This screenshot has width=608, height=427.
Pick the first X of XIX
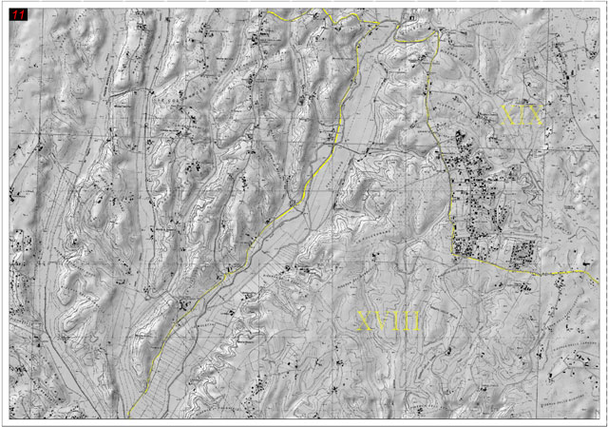click(509, 116)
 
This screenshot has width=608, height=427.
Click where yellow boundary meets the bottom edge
click(129, 417)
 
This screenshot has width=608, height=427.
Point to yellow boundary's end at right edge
click(598, 276)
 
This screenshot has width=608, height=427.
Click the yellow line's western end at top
click(268, 11)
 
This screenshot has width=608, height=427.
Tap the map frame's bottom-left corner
click(9, 417)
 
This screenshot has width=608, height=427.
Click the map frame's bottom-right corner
click(598, 417)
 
